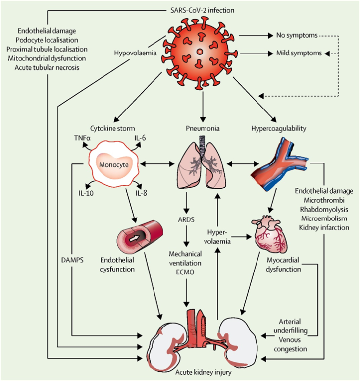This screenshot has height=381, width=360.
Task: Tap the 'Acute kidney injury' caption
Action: [200, 372]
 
